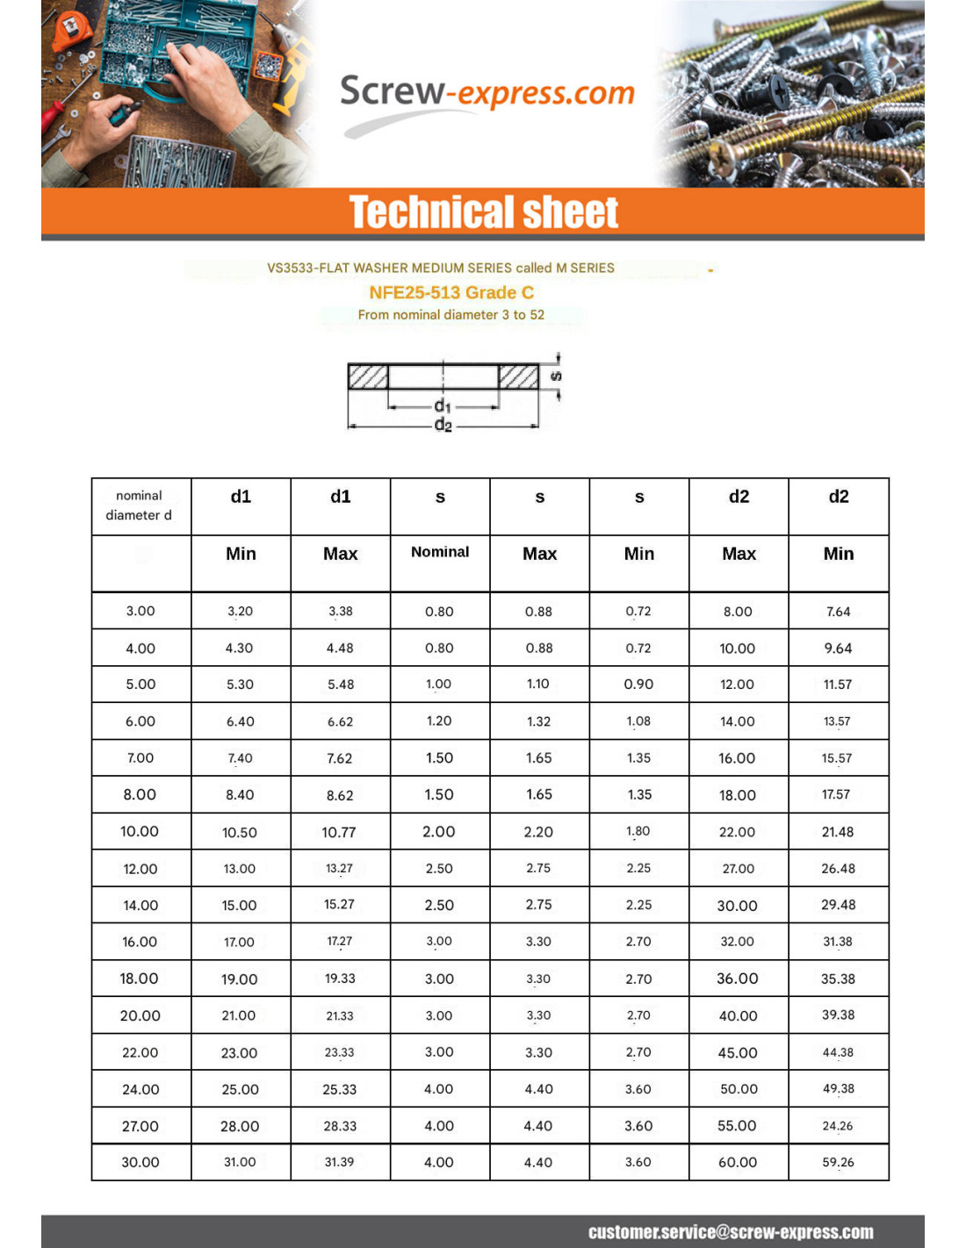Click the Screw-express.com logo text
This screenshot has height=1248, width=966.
tap(487, 92)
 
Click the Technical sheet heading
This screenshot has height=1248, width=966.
tap(483, 212)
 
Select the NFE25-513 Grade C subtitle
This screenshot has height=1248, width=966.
tap(451, 292)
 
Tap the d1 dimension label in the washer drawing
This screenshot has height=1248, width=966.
tap(443, 405)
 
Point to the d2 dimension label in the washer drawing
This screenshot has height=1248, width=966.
tap(443, 426)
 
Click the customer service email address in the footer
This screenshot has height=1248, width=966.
tap(731, 1231)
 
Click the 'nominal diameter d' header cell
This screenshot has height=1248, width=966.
tap(140, 506)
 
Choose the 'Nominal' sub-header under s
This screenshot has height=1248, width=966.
tap(440, 552)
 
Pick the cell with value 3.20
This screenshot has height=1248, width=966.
tap(240, 611)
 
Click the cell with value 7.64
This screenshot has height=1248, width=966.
tap(838, 612)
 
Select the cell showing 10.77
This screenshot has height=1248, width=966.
tap(339, 832)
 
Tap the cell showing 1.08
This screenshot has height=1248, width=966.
tap(638, 721)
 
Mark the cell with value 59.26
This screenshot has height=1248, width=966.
tap(838, 1162)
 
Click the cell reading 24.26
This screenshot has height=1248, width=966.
tap(838, 1126)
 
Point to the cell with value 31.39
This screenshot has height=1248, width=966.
tap(339, 1162)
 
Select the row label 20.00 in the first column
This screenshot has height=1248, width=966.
tap(141, 1015)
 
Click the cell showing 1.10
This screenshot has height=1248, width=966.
tap(538, 685)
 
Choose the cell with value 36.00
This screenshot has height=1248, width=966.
tap(738, 979)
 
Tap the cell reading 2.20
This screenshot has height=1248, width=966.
tap(538, 832)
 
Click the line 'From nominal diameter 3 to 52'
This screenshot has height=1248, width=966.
tap(451, 314)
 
